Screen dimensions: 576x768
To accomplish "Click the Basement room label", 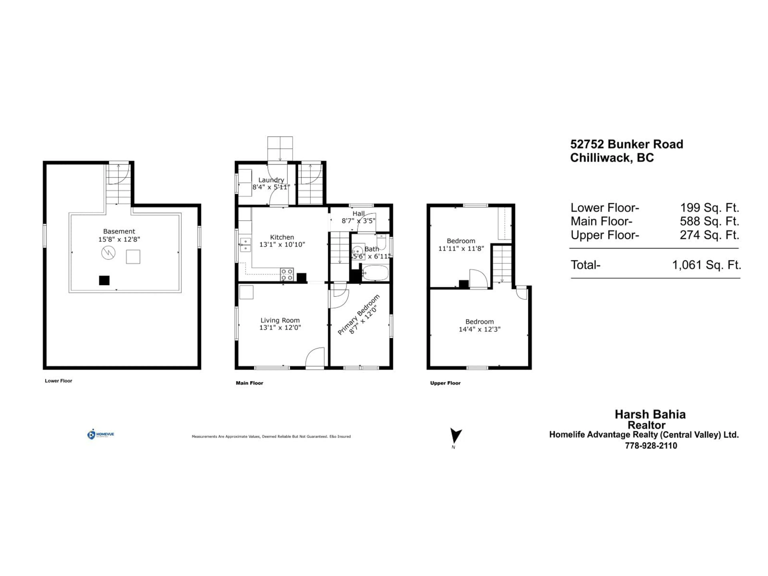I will click(x=119, y=231).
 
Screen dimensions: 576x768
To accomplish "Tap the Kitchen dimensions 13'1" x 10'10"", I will click(x=282, y=244).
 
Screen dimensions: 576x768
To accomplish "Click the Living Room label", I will click(x=280, y=320).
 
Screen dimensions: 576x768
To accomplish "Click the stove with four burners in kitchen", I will click(x=287, y=274).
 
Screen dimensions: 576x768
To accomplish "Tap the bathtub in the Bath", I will click(x=375, y=273).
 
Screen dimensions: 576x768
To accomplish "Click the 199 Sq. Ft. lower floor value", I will click(x=709, y=208).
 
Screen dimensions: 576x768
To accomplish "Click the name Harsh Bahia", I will click(x=650, y=414).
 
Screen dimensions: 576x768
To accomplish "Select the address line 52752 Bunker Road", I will click(x=626, y=144).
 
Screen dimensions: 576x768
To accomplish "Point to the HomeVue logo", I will click(x=100, y=434).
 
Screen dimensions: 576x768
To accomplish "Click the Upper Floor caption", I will click(x=445, y=383).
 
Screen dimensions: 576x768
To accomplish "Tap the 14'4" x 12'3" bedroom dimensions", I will click(x=479, y=329).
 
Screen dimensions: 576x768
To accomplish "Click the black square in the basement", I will click(x=104, y=280).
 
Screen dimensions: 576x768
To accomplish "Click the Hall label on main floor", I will click(x=358, y=214).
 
